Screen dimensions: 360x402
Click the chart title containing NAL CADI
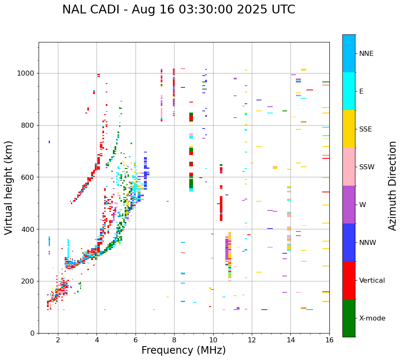pyautogui.click(x=178, y=10)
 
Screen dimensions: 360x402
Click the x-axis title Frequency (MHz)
pyautogui.click(x=183, y=350)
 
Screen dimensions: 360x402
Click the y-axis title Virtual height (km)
pyautogui.click(x=9, y=187)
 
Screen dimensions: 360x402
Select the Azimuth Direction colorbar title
pyautogui.click(x=392, y=186)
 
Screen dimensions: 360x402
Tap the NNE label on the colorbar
pyautogui.click(x=366, y=54)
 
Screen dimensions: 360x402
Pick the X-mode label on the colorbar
pyautogui.click(x=372, y=318)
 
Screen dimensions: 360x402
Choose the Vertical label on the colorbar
pyautogui.click(x=372, y=281)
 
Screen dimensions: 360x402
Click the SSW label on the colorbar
pyautogui.click(x=367, y=167)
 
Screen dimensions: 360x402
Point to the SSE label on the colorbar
pyautogui.click(x=365, y=129)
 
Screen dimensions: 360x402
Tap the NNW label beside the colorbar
pyautogui.click(x=368, y=243)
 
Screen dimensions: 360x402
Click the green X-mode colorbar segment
pyautogui.click(x=349, y=318)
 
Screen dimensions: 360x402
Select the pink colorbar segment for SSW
pyautogui.click(x=349, y=167)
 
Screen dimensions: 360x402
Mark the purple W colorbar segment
pyautogui.click(x=349, y=205)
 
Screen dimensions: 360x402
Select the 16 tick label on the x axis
pyautogui.click(x=329, y=340)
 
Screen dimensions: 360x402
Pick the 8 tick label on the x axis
pyautogui.click(x=174, y=340)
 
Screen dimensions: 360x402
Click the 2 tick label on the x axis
pyautogui.click(x=58, y=340)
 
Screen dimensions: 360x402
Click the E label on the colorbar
pyautogui.click(x=361, y=92)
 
